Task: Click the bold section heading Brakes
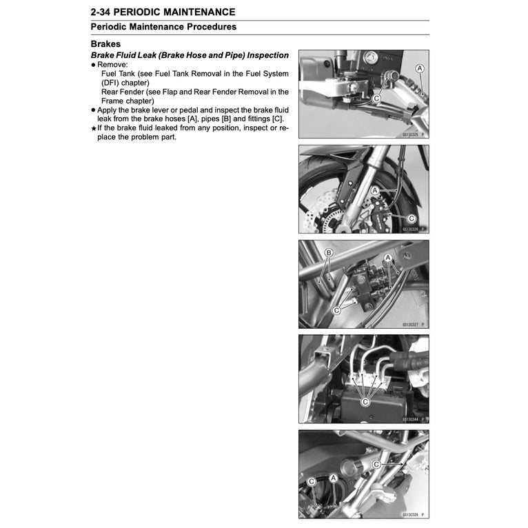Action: pos(106,43)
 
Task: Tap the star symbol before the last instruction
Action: pos(93,128)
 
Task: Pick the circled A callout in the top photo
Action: pos(420,68)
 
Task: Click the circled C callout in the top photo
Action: pos(376,99)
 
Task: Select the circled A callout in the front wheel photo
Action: pos(374,190)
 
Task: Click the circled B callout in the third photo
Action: pos(329,253)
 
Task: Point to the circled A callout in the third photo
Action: pos(388,257)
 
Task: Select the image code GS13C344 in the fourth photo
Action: pos(412,418)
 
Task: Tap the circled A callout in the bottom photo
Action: pos(333,478)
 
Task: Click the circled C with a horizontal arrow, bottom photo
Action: pos(376,465)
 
